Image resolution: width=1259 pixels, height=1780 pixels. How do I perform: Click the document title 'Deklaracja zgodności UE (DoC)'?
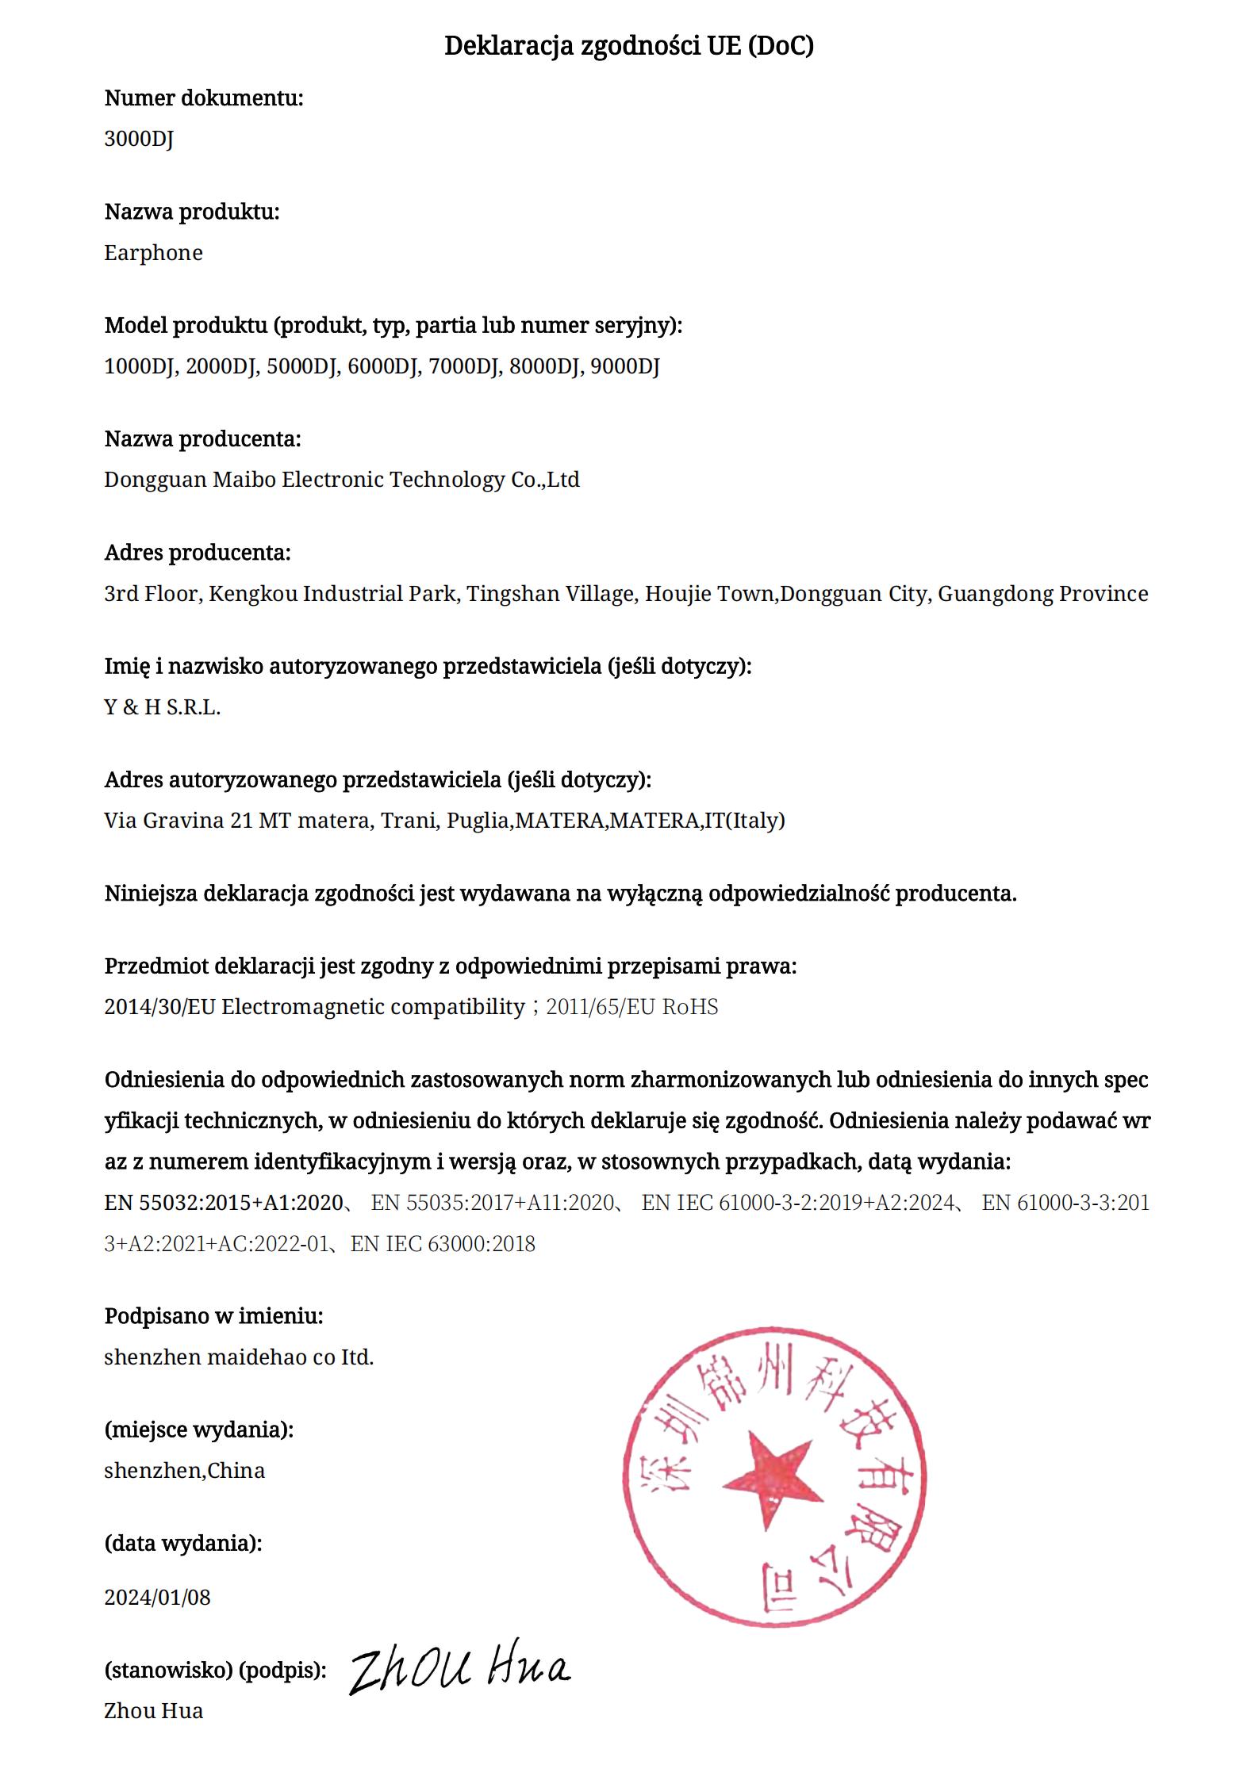click(628, 46)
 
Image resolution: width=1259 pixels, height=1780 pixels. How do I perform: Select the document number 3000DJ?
click(139, 139)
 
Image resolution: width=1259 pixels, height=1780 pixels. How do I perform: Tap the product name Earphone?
click(153, 253)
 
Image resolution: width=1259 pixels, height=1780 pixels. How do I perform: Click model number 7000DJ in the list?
click(465, 366)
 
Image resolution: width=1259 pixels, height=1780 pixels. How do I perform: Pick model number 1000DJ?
click(140, 366)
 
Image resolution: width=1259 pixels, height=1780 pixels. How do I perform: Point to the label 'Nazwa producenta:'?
click(202, 439)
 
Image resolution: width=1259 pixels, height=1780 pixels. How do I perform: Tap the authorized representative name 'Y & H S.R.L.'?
click(162, 707)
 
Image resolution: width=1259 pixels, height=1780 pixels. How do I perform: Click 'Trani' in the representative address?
click(409, 821)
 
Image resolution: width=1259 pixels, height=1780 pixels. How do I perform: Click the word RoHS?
click(689, 1007)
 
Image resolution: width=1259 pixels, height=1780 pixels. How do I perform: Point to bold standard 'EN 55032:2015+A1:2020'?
click(223, 1203)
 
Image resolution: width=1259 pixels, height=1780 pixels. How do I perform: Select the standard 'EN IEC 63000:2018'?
click(443, 1243)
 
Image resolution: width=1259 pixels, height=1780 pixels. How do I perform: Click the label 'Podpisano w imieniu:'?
click(213, 1316)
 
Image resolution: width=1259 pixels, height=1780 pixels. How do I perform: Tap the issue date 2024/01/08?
click(157, 1597)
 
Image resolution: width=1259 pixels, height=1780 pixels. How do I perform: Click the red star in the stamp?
click(766, 1476)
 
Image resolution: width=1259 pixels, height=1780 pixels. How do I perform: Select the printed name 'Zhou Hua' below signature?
click(153, 1711)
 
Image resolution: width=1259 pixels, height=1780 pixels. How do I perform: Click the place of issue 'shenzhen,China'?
click(184, 1471)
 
